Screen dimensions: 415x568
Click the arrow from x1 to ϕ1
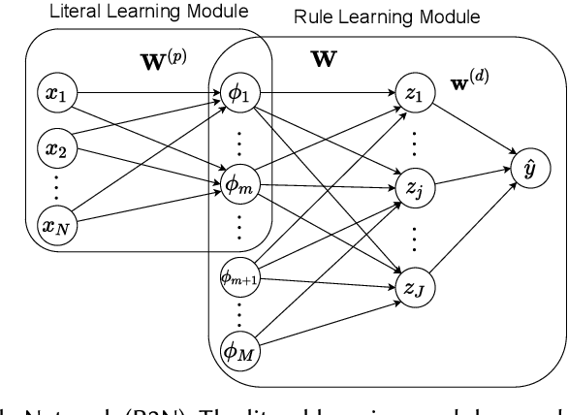pyautogui.click(x=145, y=95)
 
